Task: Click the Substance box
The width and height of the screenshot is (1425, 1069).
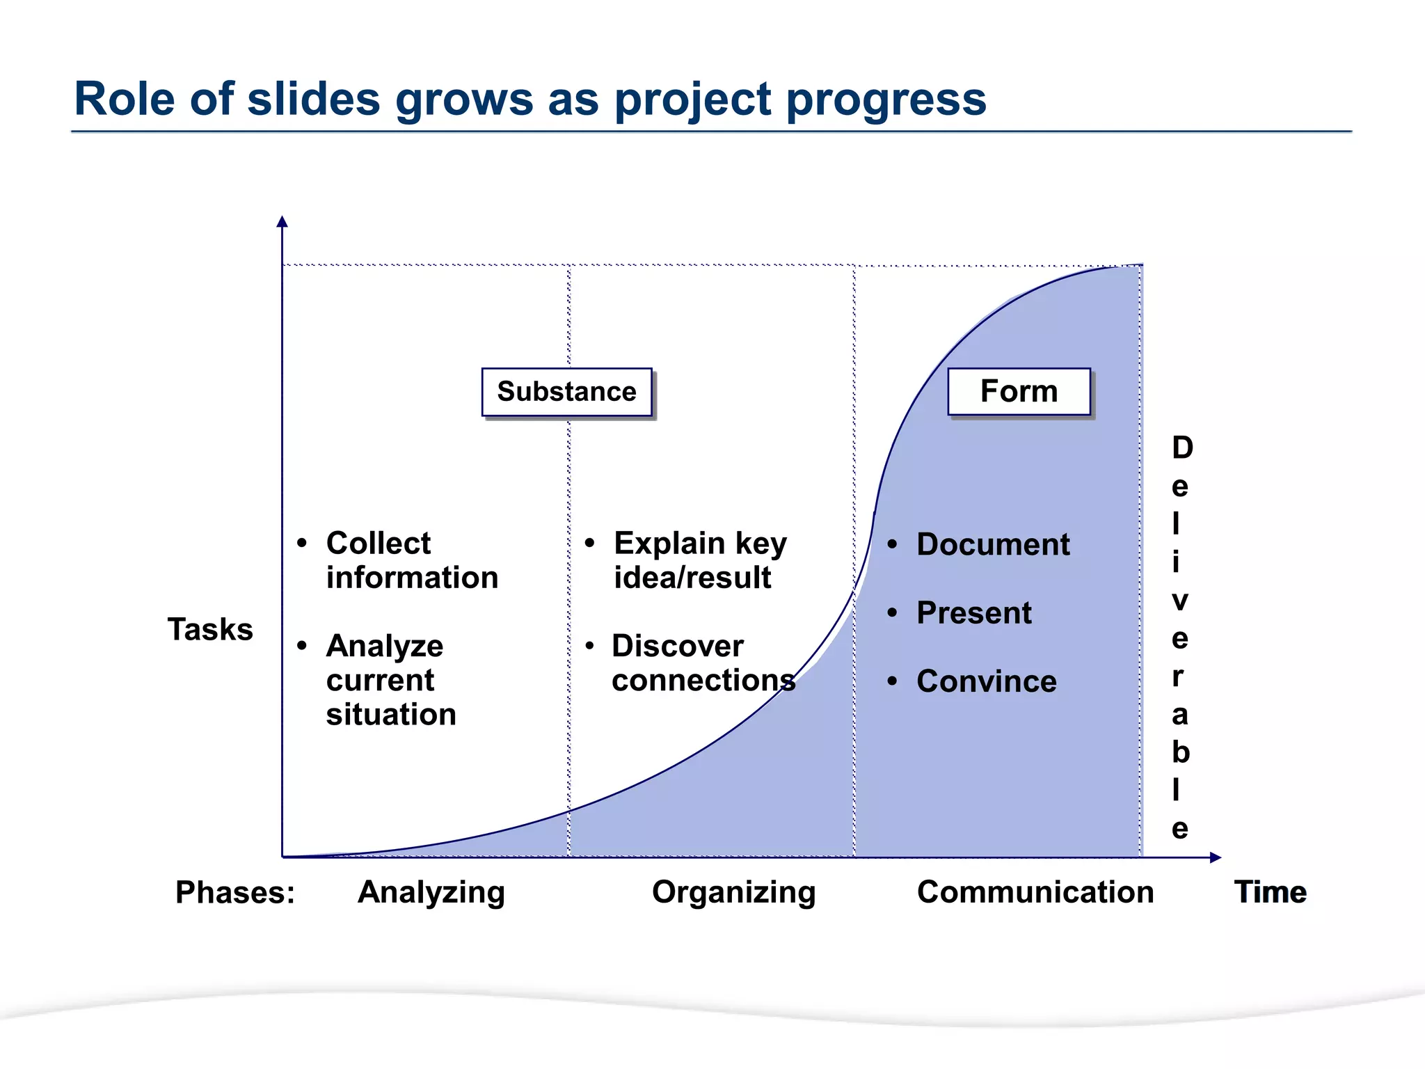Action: [566, 392]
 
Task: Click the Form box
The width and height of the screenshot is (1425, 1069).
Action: [1019, 391]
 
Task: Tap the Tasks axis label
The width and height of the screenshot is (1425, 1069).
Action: [210, 629]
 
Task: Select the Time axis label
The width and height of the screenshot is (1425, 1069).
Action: [1270, 892]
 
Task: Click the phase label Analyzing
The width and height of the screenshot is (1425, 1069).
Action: [431, 892]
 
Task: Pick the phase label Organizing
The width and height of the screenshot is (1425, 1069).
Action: [733, 892]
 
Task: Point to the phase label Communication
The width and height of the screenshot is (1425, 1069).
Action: [1035, 892]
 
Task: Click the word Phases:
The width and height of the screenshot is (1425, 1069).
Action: [235, 892]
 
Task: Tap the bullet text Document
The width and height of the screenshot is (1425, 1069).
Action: [993, 544]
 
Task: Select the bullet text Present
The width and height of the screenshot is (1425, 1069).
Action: [974, 613]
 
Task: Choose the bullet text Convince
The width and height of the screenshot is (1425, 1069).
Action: [987, 681]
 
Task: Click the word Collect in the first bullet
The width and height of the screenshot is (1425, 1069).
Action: [379, 543]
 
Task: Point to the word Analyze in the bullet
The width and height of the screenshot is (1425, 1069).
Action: [385, 646]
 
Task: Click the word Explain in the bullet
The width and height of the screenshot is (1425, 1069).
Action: [669, 543]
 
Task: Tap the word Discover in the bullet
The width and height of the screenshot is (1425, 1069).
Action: [678, 646]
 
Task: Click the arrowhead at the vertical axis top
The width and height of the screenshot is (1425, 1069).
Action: [282, 221]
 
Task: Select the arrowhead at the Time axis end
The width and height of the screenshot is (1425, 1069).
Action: [1216, 857]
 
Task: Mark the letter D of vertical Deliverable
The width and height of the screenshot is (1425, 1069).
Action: [1182, 448]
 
